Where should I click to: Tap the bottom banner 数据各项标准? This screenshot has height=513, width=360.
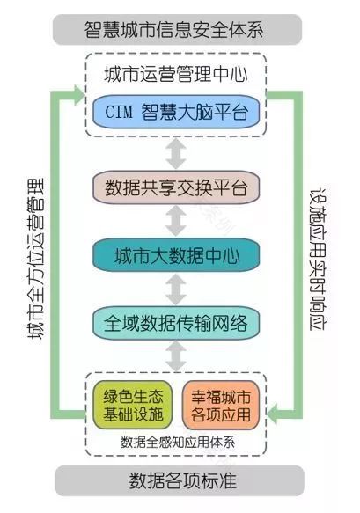(x=180, y=481)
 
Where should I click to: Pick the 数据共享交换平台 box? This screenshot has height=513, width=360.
(x=179, y=187)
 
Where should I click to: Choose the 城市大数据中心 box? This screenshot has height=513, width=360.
(x=179, y=256)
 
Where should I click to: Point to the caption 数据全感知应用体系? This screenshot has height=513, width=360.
(x=179, y=441)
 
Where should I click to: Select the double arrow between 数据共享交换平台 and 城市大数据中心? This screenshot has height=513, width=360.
(x=179, y=221)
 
